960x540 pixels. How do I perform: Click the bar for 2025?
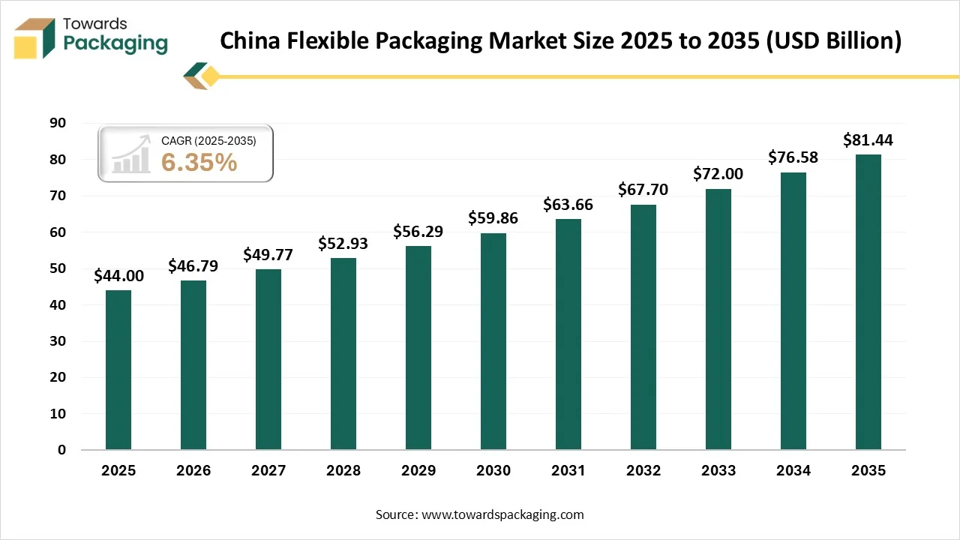point(118,370)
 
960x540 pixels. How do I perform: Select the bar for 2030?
point(493,341)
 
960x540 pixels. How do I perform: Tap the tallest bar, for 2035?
point(868,301)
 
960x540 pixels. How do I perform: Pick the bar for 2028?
point(343,353)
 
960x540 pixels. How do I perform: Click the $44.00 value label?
point(118,276)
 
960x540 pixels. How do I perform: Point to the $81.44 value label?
point(868,139)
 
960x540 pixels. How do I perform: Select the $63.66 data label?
point(568,205)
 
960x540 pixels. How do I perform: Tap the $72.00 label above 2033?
point(718,174)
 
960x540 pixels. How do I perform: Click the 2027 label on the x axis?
point(268,471)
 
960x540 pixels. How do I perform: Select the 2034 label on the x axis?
point(793,471)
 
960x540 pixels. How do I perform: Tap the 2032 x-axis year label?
point(643,471)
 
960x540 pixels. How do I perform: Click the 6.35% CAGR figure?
point(199,162)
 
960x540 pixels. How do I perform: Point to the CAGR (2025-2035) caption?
point(208,141)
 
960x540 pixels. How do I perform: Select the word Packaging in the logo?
point(115,43)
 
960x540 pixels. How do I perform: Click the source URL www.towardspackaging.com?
point(502,514)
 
